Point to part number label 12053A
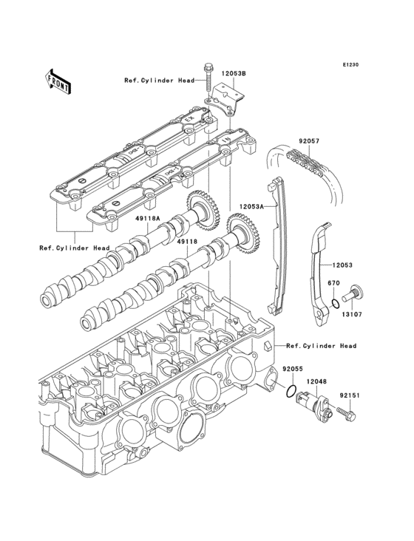point(253,207)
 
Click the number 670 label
point(333,283)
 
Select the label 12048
point(316,381)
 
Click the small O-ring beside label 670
point(335,303)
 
